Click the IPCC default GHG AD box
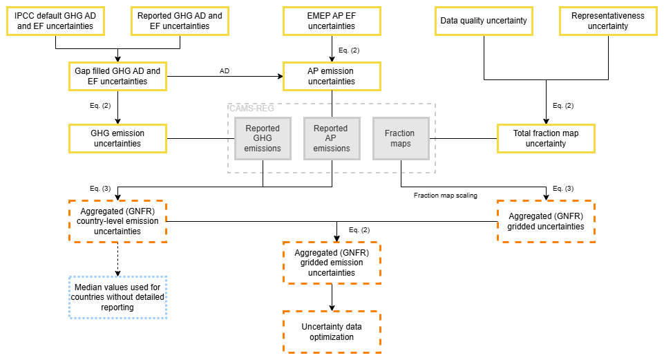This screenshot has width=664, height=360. [x=55, y=21]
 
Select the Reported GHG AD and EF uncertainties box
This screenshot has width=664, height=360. [x=180, y=21]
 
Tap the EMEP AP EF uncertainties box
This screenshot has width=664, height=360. [x=332, y=21]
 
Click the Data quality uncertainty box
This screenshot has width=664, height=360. [x=484, y=21]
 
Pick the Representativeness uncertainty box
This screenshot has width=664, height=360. [x=609, y=21]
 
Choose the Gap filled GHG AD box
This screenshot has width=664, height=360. [x=117, y=77]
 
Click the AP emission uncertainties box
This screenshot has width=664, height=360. [x=332, y=77]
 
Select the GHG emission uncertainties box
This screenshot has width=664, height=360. [x=117, y=138]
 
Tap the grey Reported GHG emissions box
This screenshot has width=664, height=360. [x=263, y=138]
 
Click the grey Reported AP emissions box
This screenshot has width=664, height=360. [x=332, y=138]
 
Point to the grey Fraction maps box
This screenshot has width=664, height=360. [x=401, y=138]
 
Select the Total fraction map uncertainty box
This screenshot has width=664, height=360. [x=547, y=138]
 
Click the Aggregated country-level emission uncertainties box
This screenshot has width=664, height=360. [x=117, y=222]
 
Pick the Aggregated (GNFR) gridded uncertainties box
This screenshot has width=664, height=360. [x=547, y=222]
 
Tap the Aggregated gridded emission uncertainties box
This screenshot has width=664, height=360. [x=332, y=263]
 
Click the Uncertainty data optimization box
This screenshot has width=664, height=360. [x=332, y=332]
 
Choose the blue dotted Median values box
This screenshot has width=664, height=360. [x=117, y=297]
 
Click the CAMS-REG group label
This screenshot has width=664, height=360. [x=252, y=108]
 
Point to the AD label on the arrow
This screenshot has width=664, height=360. [x=225, y=71]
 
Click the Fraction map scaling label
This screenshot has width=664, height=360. [x=446, y=196]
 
